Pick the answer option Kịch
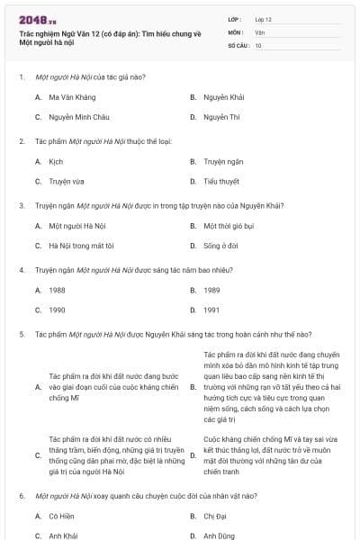tap(56, 162)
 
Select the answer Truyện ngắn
tap(223, 162)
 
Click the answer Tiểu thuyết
tap(220, 181)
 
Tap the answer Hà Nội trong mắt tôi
tap(82, 245)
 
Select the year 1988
tap(57, 290)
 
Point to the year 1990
tap(57, 310)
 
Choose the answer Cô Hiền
tap(61, 516)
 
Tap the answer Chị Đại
tap(216, 516)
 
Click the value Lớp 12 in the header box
tap(264, 19)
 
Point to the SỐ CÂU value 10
tap(258, 44)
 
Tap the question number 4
tap(22, 269)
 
